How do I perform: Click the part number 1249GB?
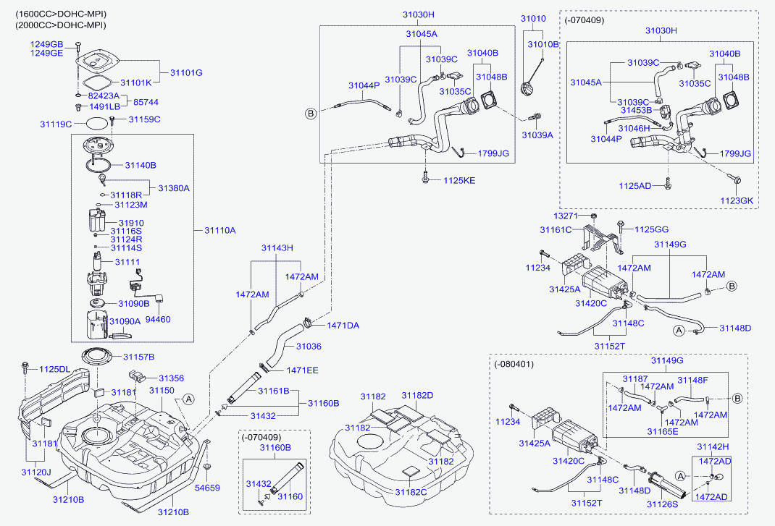click(46, 45)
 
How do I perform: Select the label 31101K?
click(136, 82)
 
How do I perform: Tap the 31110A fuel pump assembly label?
click(220, 230)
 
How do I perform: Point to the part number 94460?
click(159, 318)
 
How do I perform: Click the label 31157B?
click(138, 357)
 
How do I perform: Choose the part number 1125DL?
click(54, 369)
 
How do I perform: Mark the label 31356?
click(172, 378)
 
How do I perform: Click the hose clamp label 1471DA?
click(343, 326)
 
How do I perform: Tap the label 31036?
click(308, 347)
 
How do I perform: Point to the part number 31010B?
click(543, 44)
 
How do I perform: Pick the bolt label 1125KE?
click(459, 179)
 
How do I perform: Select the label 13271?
click(566, 216)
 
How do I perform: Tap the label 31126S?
click(662, 504)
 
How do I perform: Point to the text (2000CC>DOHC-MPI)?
click(60, 25)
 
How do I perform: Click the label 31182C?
click(411, 491)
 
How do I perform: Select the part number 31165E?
click(663, 431)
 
